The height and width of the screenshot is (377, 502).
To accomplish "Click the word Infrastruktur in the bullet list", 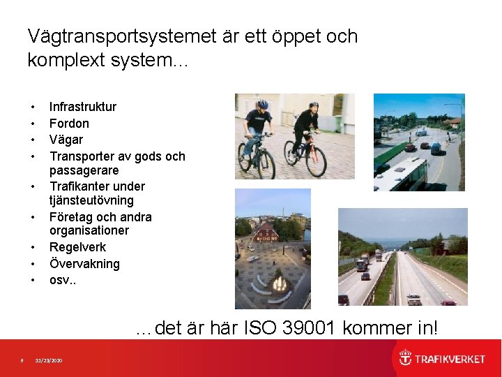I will (82, 107).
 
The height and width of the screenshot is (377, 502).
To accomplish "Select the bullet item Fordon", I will (69, 124).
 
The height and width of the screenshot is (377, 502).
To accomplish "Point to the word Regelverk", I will (77, 247).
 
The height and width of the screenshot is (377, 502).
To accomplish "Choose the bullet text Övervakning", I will (84, 264).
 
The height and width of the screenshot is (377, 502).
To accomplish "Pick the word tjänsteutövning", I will (91, 200).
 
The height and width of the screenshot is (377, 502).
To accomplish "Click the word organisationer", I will (89, 230).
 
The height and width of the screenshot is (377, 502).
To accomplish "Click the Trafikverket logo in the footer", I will (441, 359).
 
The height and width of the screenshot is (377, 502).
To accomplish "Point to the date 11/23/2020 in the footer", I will (49, 360).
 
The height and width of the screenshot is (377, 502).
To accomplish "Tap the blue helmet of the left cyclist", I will (262, 104).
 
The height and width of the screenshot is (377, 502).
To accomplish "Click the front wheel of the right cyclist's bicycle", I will (316, 162).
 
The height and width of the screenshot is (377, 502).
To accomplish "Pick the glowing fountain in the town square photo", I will (280, 283).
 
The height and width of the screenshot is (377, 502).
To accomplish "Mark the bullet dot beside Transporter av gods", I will (33, 157).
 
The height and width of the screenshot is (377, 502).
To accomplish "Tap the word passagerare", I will (84, 170).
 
